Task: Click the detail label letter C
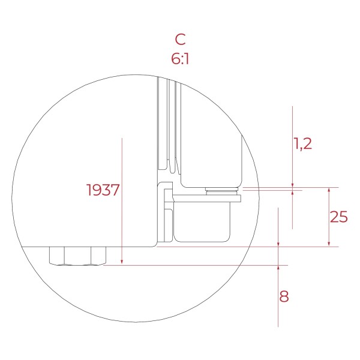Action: click(x=180, y=39)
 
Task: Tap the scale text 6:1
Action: click(x=180, y=59)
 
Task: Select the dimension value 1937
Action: click(x=103, y=190)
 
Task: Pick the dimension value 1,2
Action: click(x=303, y=144)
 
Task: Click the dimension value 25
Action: click(x=338, y=217)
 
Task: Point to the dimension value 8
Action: click(x=284, y=296)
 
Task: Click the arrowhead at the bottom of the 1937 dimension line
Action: click(x=122, y=261)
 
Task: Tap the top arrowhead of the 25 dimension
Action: click(x=329, y=191)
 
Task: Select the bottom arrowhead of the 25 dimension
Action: click(x=329, y=243)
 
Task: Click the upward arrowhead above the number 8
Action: click(x=278, y=269)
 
